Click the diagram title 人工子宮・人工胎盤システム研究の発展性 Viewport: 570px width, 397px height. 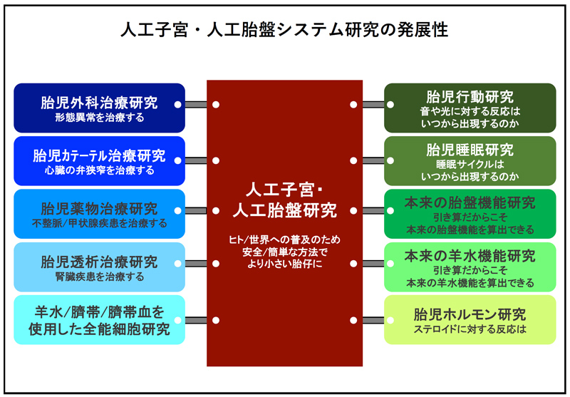point(284,30)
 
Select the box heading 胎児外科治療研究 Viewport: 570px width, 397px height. point(99,103)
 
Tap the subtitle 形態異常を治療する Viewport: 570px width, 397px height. point(99,118)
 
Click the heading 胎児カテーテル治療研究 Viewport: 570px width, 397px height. point(99,155)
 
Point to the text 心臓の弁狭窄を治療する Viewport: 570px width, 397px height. point(99,170)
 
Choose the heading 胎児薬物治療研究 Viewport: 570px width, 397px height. point(99,209)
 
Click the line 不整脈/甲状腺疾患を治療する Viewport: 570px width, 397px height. point(99,223)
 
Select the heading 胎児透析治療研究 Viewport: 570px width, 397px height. point(99,262)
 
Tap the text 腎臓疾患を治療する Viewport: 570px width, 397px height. point(99,277)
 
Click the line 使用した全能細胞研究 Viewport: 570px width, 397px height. point(99,329)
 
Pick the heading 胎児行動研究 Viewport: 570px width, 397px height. point(470,97)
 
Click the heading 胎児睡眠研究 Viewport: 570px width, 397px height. point(470,150)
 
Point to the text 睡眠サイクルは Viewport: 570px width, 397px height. point(470,165)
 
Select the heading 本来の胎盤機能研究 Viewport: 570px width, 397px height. point(470,203)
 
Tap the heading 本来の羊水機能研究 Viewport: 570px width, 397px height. point(470,256)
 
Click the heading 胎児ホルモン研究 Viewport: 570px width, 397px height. point(470,314)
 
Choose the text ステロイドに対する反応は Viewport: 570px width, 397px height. point(470,329)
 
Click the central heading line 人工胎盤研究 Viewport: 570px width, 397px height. point(284,210)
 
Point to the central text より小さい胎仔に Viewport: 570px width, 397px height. point(284,264)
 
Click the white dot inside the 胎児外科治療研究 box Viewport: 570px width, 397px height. point(177,104)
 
